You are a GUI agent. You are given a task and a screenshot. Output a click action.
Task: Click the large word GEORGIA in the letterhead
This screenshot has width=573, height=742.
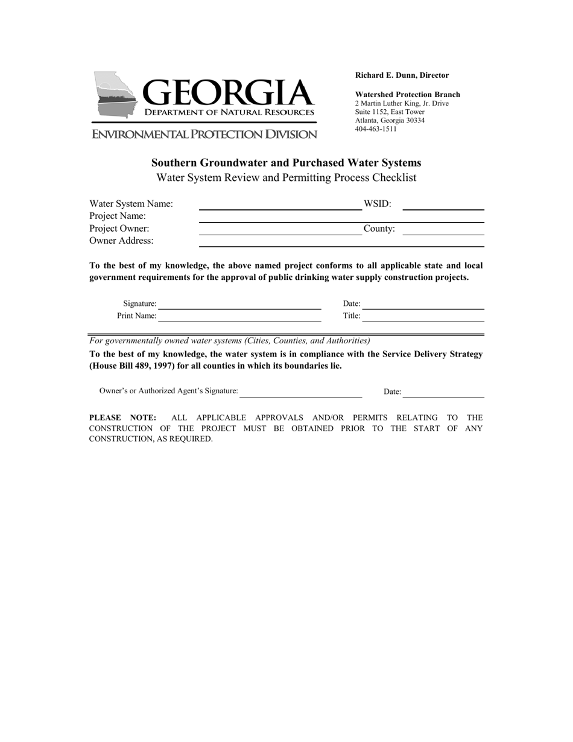pos(228,93)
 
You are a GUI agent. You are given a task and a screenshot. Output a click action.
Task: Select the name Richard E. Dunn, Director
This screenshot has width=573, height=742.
pos(402,75)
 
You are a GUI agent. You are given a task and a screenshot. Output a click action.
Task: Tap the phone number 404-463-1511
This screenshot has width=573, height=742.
pos(376,129)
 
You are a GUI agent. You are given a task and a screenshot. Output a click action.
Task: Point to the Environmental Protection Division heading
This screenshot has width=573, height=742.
pos(204,135)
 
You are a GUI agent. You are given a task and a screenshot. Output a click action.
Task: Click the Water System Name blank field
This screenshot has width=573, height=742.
pos(280,205)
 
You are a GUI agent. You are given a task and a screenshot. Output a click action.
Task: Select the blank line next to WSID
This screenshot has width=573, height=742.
pos(443,205)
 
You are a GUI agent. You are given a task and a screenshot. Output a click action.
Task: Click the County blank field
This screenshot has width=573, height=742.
pos(443,230)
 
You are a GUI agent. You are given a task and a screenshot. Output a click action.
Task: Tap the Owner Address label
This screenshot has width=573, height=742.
pos(121,241)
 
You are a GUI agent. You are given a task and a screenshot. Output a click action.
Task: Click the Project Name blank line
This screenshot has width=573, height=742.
pos(341,218)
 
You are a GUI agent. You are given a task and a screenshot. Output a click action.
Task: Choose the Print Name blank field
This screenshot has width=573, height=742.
pos(239,317)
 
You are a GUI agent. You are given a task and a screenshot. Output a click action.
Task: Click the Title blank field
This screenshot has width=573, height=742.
pos(423,317)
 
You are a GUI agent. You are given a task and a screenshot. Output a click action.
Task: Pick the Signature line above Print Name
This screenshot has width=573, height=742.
pos(239,305)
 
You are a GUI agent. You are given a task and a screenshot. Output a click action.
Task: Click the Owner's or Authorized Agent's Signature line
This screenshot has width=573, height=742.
pos(300,393)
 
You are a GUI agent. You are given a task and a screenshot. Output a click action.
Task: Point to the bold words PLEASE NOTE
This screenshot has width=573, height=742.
pos(123,417)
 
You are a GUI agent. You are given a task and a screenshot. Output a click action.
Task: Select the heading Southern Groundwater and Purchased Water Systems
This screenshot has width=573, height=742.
pos(286,163)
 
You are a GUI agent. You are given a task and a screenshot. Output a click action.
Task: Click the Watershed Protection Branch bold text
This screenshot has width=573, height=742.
pos(407,95)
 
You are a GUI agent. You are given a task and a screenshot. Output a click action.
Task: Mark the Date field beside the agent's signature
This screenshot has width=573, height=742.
pos(443,393)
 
